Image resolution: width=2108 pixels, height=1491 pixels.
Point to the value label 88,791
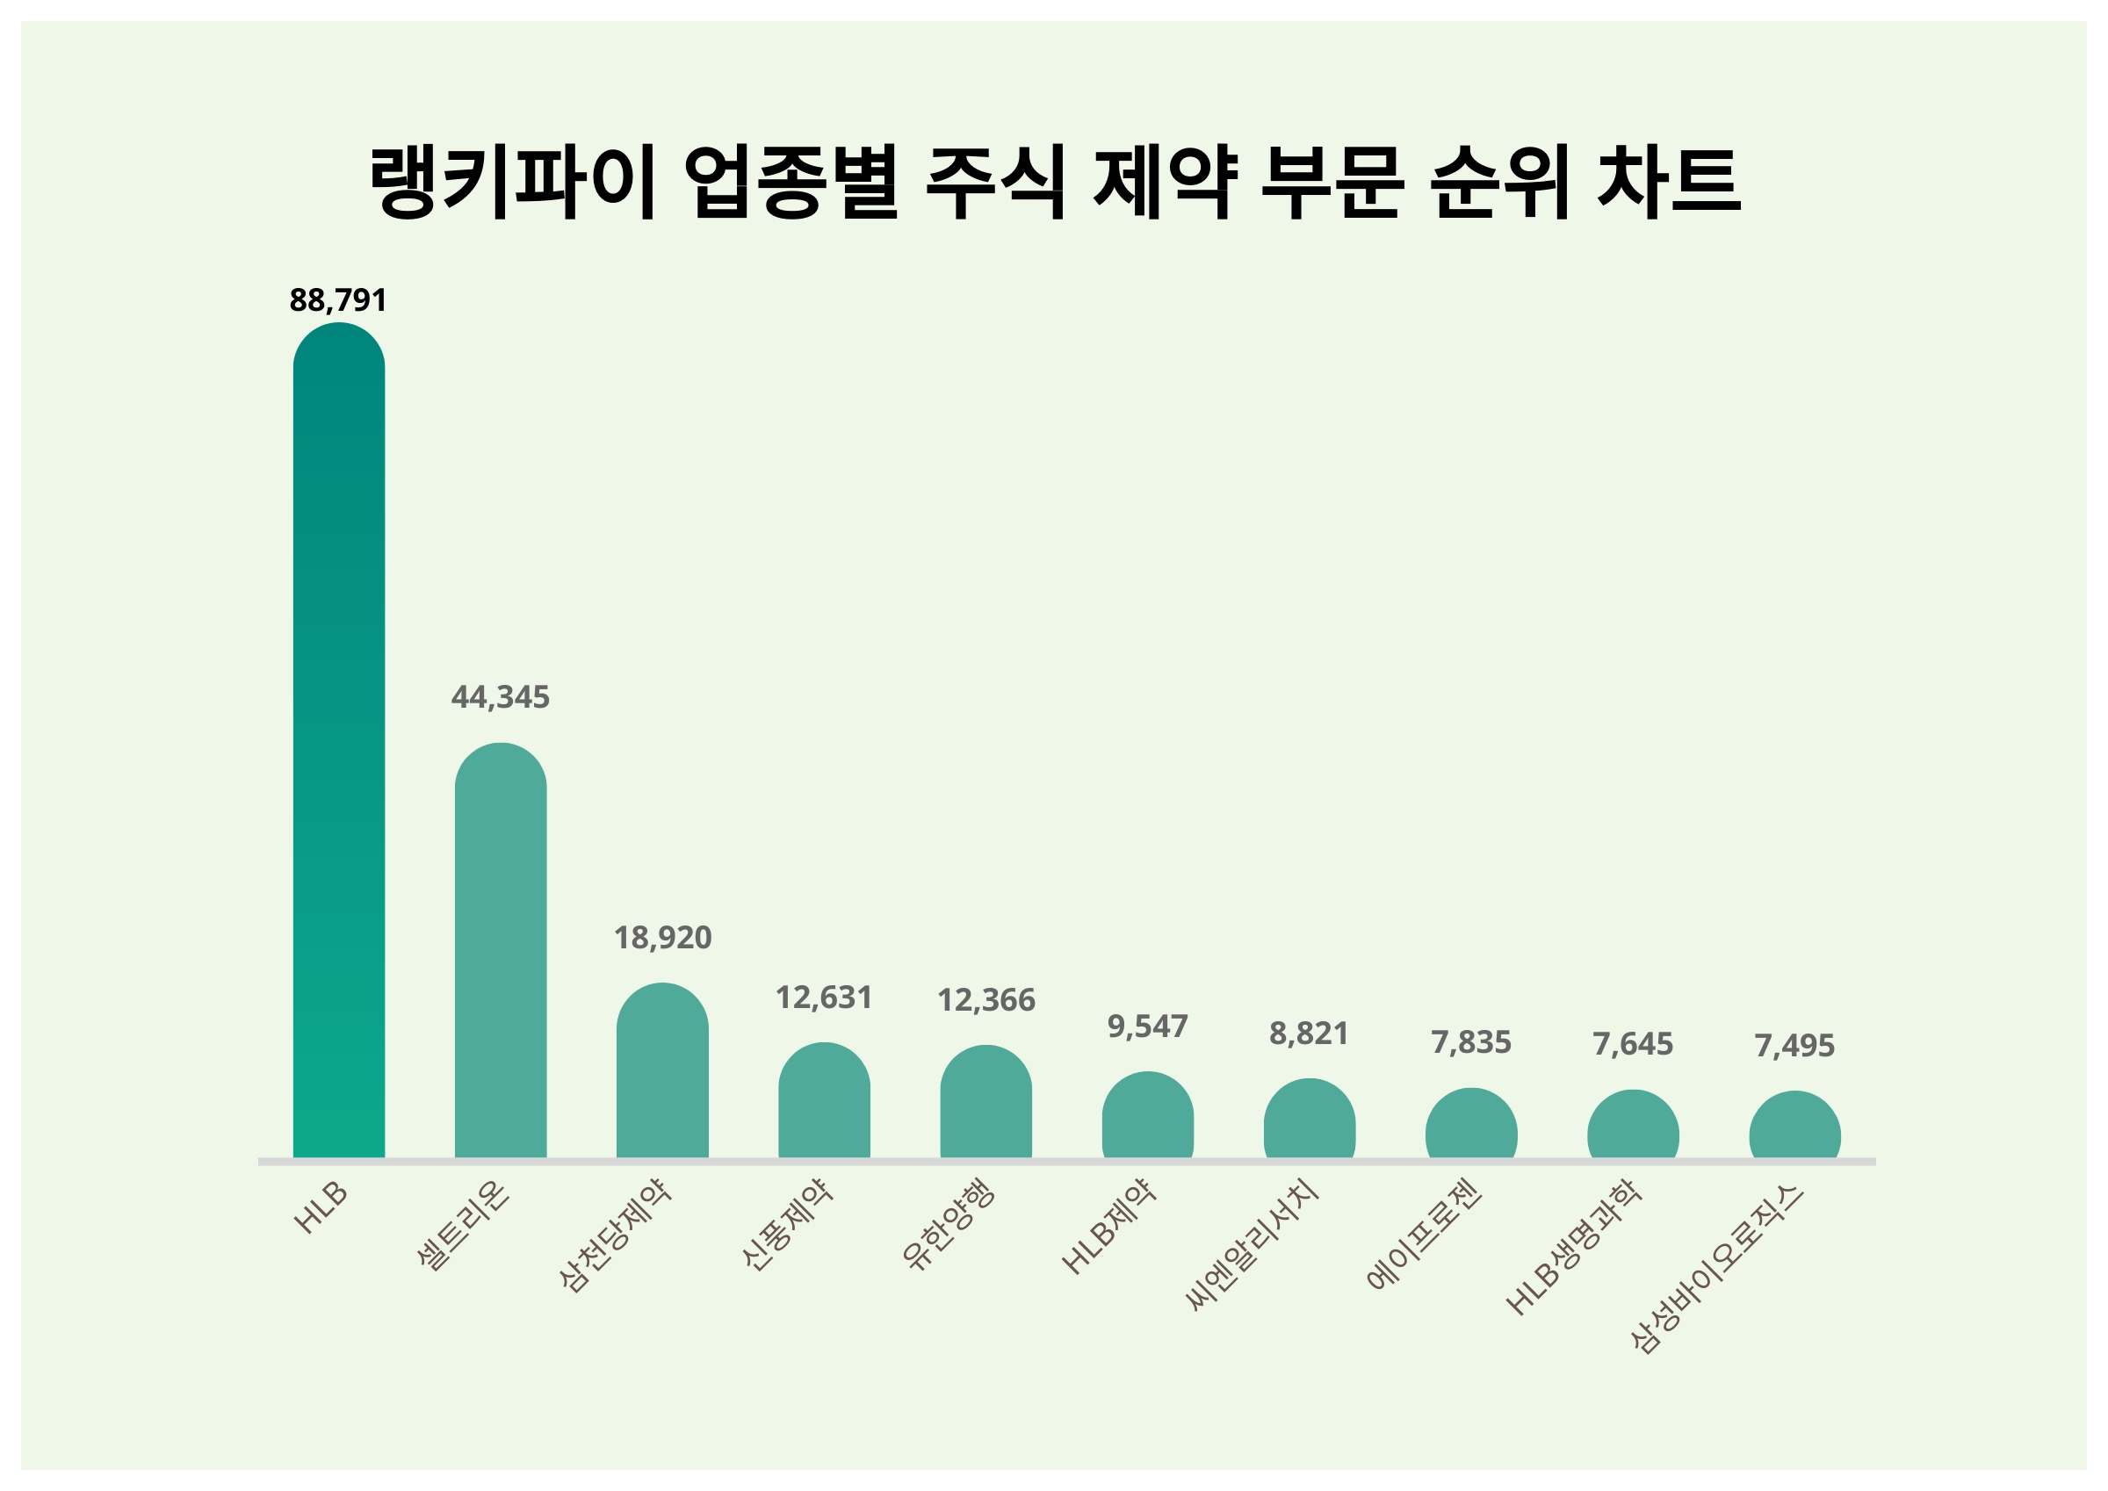click(x=338, y=300)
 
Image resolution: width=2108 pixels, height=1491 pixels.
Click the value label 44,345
click(x=501, y=698)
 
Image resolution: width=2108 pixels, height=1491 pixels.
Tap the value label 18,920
click(x=662, y=938)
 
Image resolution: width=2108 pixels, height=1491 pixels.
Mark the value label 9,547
click(x=1148, y=1026)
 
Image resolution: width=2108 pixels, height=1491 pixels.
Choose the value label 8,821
click(x=1310, y=1034)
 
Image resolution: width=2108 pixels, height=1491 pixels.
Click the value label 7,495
click(x=1794, y=1046)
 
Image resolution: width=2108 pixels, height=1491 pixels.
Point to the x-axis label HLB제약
click(x=1109, y=1227)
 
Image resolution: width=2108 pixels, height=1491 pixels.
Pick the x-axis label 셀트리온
click(x=463, y=1226)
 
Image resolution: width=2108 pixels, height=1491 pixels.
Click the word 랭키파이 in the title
click(x=513, y=181)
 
